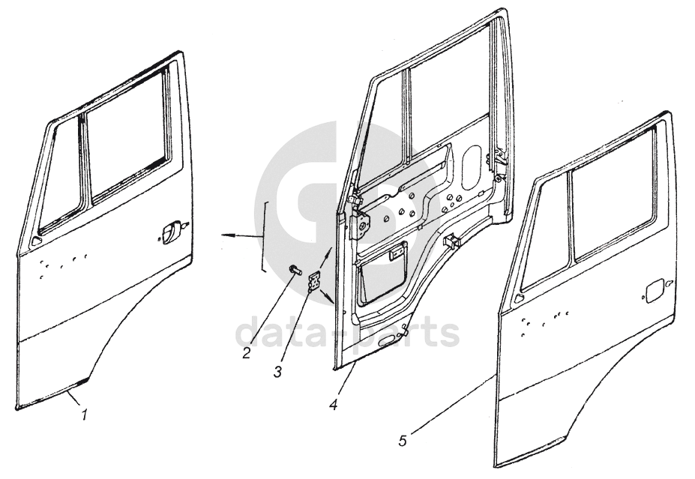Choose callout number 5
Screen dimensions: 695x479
tap(403, 441)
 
